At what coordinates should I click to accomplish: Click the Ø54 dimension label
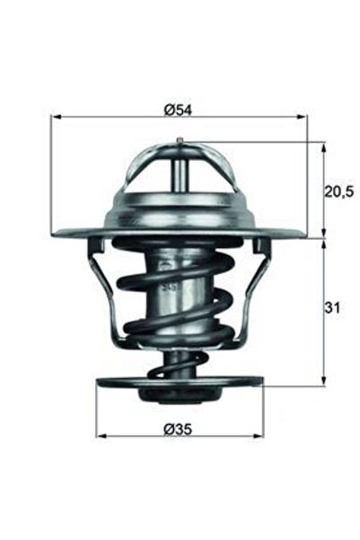point(180,109)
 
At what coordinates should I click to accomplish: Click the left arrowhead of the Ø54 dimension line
point(56,118)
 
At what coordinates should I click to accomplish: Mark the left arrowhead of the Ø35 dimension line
point(101,436)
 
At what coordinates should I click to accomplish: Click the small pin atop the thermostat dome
point(180,140)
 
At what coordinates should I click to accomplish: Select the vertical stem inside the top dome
point(180,166)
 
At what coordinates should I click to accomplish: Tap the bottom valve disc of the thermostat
point(180,385)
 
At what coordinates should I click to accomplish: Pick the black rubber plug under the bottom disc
point(179,397)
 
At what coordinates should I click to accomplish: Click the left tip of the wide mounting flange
point(57,235)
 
